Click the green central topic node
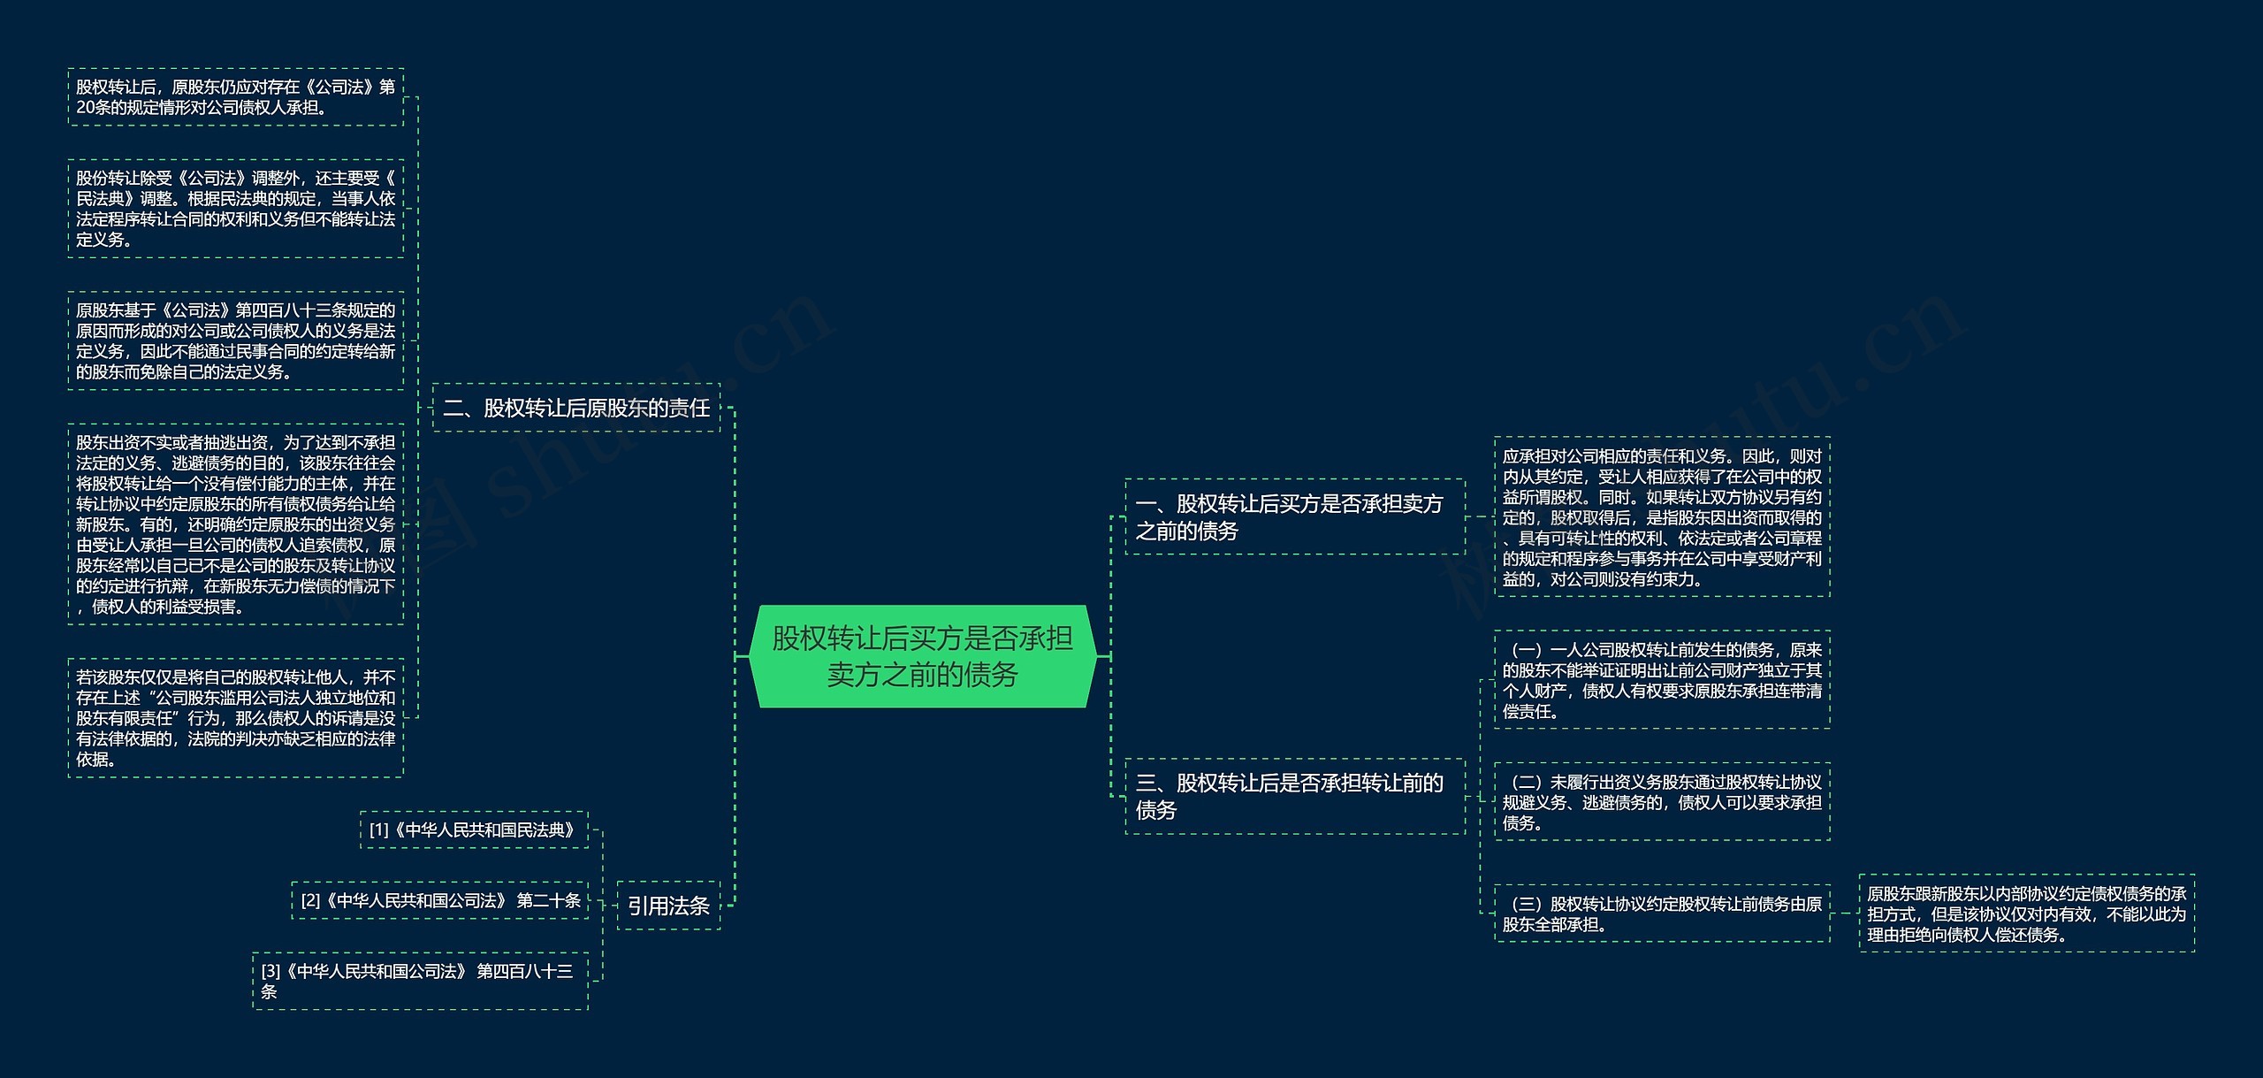pos(922,656)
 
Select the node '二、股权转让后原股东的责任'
pos(576,408)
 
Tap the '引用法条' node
pos(668,906)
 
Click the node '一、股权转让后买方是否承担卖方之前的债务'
pos(1294,517)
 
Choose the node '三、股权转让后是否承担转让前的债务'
pos(1294,796)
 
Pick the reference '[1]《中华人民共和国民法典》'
pos(474,830)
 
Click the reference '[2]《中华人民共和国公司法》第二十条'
pos(440,900)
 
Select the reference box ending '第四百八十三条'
pos(420,981)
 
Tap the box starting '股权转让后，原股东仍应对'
pos(235,97)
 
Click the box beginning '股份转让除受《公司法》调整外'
pos(235,209)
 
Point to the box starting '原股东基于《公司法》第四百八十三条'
pos(235,340)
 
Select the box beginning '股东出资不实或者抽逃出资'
pos(235,524)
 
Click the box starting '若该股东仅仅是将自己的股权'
pos(235,717)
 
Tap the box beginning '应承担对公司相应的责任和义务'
pos(1662,517)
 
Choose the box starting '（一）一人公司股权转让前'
pos(1662,680)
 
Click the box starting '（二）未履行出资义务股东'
pos(1662,802)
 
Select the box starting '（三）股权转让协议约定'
pos(1662,914)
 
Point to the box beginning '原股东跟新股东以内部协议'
pos(2026,914)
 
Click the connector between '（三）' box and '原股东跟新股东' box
pos(1844,914)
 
